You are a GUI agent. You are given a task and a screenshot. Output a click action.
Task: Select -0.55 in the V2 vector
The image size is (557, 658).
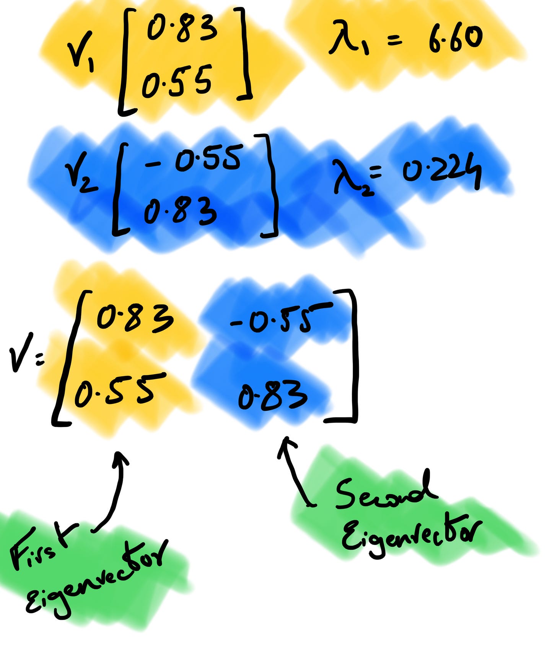coord(193,159)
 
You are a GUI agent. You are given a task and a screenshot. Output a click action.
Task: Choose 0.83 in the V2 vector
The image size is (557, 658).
coord(180,210)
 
